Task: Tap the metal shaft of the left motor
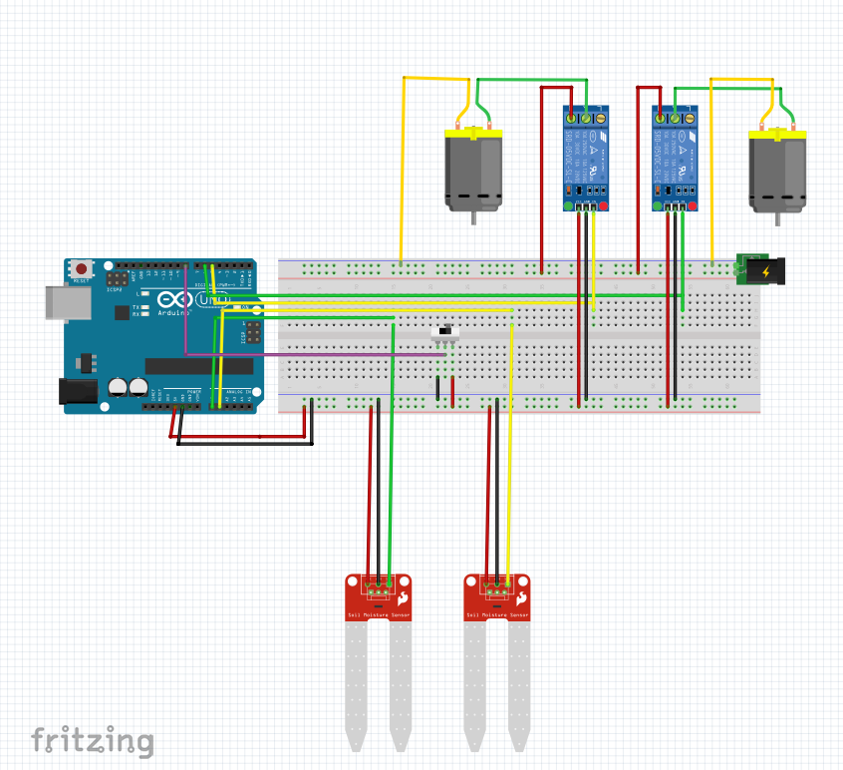[x=473, y=217]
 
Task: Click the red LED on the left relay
[x=604, y=206]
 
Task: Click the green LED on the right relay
[x=657, y=206]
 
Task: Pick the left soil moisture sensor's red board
[x=379, y=597]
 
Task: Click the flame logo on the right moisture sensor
[x=522, y=598]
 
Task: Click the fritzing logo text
[x=92, y=741]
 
